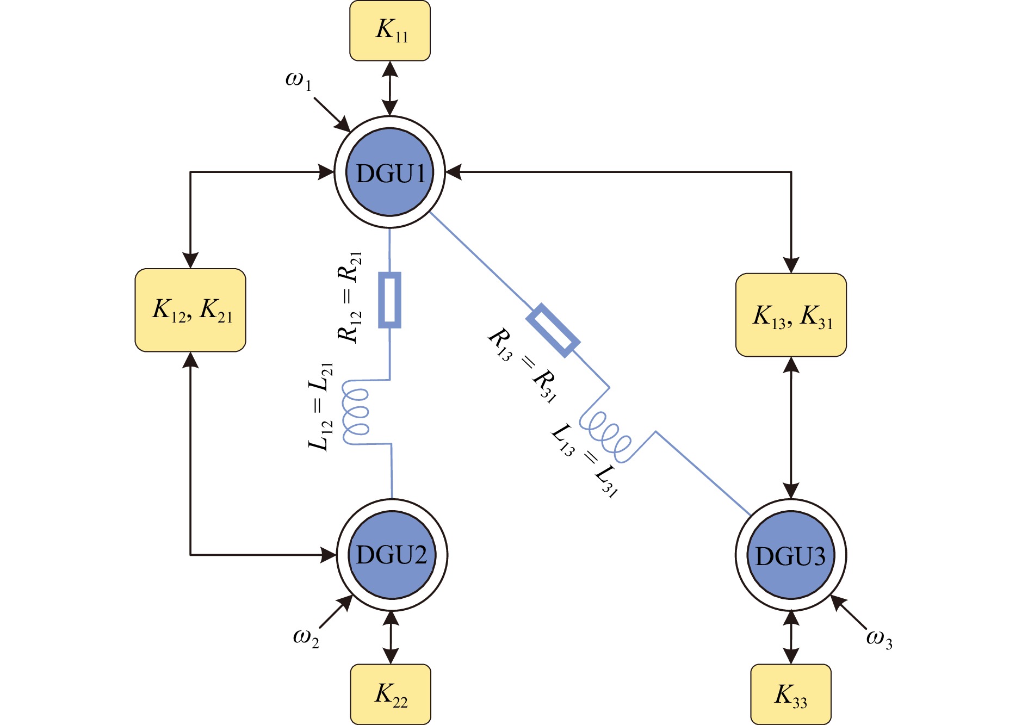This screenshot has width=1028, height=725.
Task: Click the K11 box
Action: [390, 30]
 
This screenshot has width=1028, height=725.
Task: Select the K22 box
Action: [391, 694]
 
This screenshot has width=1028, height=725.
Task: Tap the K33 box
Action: [791, 694]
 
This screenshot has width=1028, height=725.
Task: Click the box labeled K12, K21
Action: [190, 310]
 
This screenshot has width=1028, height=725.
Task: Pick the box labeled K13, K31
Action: [791, 315]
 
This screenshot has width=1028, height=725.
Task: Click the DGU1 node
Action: [390, 172]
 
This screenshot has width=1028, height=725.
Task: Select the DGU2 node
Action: [392, 555]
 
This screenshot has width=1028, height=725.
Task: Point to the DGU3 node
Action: [791, 555]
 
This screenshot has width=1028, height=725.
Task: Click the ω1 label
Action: [298, 80]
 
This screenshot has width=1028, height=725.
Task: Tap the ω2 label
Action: [306, 637]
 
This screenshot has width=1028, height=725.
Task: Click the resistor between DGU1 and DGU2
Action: [390, 300]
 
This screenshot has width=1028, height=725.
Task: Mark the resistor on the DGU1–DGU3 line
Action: [553, 330]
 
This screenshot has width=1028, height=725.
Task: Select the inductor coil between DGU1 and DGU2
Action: [356, 412]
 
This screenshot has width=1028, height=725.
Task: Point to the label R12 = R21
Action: [350, 297]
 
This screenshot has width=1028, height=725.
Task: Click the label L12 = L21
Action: [320, 406]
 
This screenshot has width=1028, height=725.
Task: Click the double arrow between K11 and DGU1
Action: [390, 88]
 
